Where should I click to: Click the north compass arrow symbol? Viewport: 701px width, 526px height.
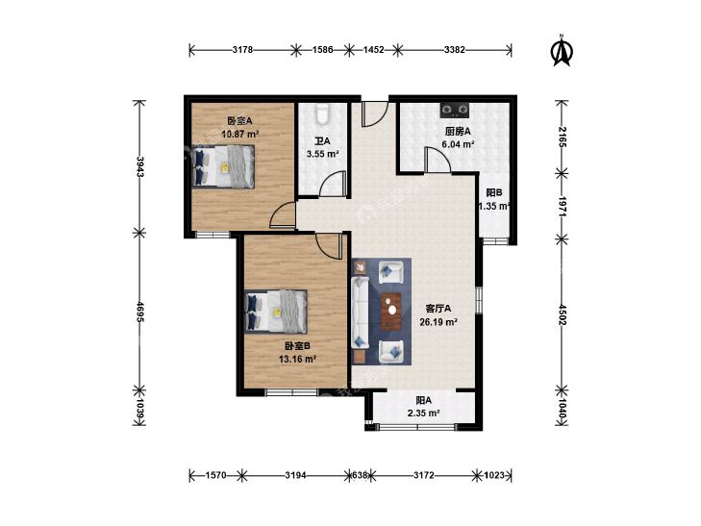coord(562,51)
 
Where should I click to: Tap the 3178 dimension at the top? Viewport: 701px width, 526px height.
coord(242,50)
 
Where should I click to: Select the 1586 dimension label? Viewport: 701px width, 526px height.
coord(322,50)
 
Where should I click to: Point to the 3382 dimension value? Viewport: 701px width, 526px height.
coord(455,50)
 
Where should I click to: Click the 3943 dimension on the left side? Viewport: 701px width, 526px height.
coord(140,166)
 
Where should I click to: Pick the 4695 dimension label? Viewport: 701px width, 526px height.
coord(140,312)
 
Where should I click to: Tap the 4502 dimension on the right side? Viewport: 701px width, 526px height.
coord(562,315)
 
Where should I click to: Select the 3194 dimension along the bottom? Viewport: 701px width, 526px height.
coord(295,475)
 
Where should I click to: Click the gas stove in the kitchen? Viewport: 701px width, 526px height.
coord(455,109)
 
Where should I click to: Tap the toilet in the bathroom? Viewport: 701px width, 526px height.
coord(322,114)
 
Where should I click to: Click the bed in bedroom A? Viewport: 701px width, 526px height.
coord(223,166)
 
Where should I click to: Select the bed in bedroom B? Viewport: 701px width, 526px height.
coord(276,311)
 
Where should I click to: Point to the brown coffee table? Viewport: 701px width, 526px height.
coord(391,311)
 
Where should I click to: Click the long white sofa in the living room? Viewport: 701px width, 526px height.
coord(360,312)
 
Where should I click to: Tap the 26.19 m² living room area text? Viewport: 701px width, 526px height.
coord(438,321)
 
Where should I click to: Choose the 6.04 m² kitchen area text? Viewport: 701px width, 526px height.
coord(458,144)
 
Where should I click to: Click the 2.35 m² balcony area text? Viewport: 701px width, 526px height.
coord(423,413)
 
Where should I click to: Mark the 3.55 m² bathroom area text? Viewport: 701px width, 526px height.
coord(322,154)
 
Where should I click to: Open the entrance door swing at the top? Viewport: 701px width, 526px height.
coord(374,114)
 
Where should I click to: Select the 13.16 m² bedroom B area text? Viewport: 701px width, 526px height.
coord(297,359)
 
